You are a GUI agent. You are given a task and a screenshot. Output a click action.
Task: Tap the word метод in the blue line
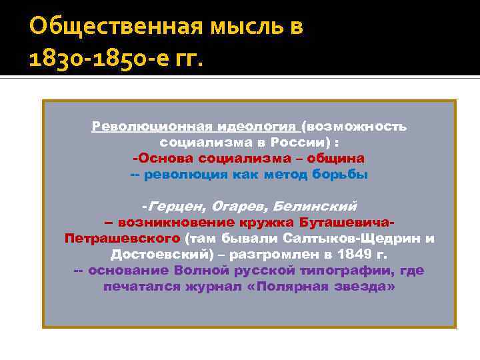click(285, 174)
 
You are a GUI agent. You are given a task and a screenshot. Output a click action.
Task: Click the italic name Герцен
click(176, 205)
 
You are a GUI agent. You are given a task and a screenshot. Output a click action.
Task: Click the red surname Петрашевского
click(122, 238)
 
